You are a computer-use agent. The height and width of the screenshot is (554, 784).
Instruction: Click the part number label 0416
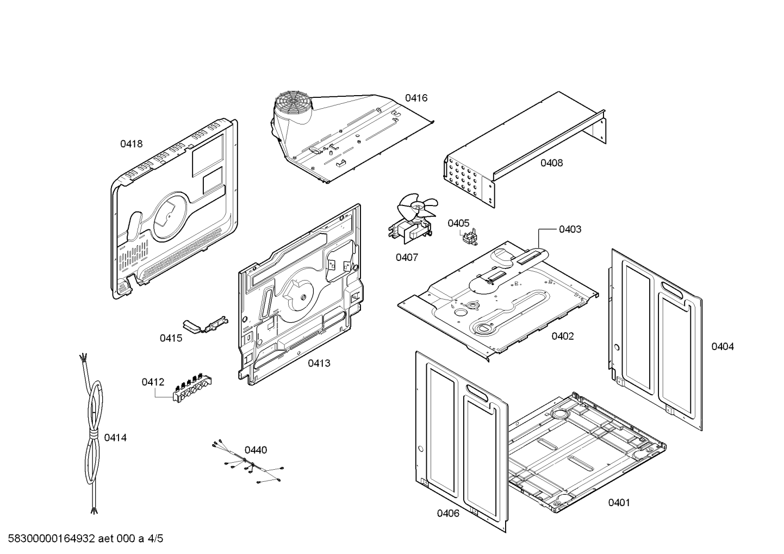click(416, 98)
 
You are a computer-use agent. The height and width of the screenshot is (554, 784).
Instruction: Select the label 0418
click(132, 144)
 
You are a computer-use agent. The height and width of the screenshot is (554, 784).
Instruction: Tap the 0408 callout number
click(551, 163)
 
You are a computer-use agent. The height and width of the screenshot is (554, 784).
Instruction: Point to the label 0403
click(570, 229)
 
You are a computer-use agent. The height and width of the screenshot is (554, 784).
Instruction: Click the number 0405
click(458, 223)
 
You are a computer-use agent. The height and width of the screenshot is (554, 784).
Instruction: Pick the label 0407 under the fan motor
click(407, 257)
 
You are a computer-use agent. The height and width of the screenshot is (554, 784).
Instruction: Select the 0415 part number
click(171, 338)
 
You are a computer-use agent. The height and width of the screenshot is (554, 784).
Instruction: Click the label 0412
click(153, 382)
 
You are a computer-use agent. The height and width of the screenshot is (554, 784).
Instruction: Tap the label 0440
click(256, 450)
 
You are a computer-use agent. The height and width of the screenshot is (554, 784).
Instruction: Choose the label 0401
click(619, 502)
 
